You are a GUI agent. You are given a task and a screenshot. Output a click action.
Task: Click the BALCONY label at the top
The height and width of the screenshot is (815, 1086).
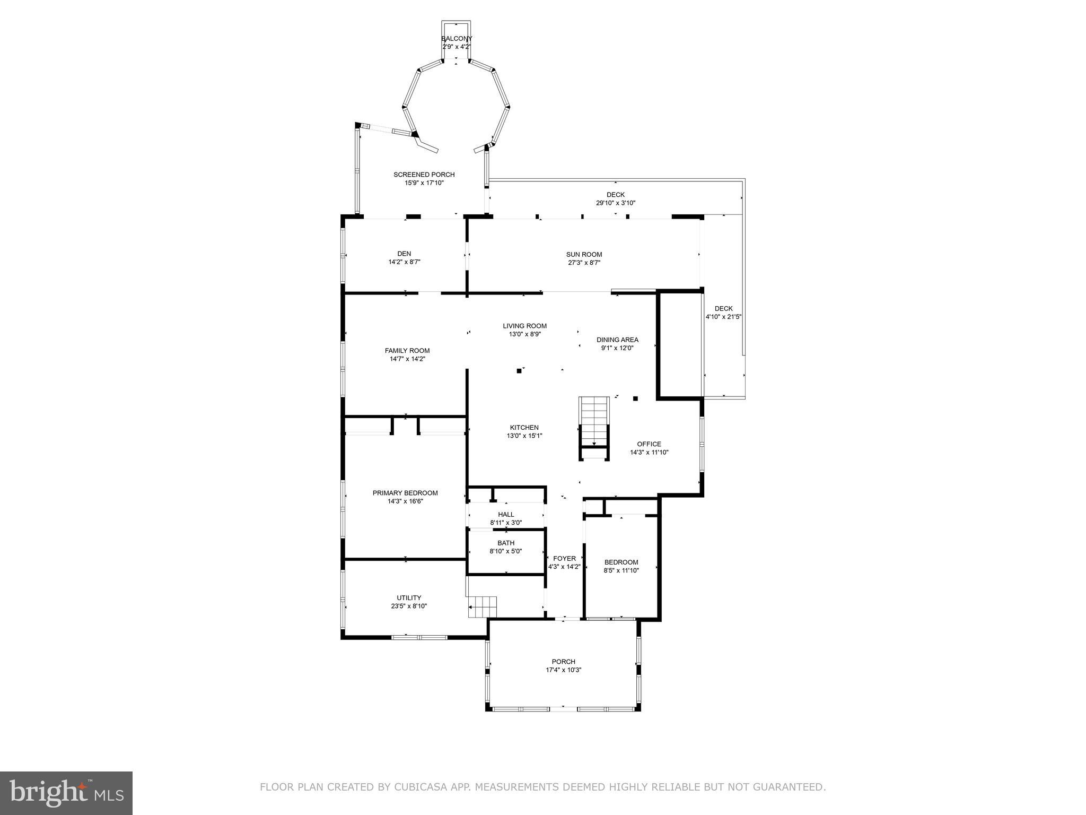456,39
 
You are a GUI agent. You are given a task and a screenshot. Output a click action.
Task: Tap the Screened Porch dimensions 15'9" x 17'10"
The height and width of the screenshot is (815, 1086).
424,183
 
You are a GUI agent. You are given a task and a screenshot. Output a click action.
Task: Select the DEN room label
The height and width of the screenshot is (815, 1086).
404,254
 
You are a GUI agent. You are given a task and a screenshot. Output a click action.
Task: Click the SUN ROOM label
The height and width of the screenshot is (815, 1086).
584,255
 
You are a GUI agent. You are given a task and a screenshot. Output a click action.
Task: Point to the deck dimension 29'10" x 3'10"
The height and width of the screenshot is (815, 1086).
615,203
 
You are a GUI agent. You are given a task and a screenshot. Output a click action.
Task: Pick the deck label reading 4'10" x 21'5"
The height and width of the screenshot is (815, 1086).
723,317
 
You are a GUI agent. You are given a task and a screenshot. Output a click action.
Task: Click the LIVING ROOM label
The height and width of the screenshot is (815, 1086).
524,326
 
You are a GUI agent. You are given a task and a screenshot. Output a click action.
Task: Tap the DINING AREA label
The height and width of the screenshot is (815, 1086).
617,340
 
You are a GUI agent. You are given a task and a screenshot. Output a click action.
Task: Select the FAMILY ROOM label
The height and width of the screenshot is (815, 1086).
407,351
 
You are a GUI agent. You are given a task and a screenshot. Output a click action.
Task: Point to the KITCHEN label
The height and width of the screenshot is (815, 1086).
524,428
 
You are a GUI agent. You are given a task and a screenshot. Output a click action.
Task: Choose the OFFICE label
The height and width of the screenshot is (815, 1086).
649,444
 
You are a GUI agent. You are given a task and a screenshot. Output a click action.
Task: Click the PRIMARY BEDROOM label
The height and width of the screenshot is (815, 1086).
405,493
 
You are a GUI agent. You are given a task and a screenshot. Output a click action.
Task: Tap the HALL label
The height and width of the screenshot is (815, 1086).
506,515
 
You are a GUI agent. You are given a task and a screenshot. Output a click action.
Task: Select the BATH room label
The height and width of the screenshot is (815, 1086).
506,543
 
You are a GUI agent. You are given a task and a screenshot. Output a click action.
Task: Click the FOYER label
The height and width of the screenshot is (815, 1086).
564,559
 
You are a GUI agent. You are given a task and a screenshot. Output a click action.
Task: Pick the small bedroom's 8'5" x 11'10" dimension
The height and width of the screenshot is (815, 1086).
621,571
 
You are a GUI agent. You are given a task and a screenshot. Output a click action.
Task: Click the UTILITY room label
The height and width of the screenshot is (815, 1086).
409,598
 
